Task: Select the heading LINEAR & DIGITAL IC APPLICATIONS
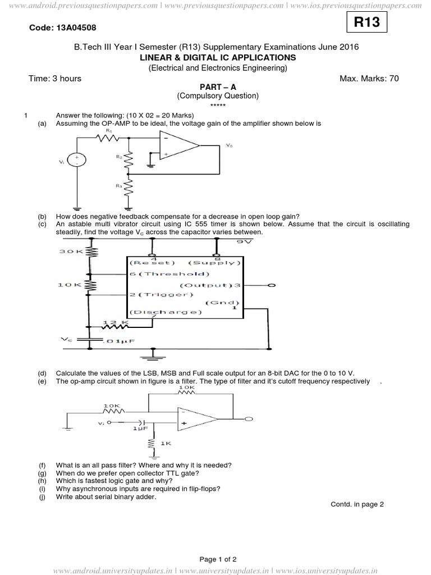217,57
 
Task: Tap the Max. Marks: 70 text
369,79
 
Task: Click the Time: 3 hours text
55,79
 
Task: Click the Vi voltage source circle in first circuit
76,161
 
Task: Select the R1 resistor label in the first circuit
108,130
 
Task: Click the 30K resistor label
71,252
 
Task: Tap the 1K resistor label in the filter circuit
165,443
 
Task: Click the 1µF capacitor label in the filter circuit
140,428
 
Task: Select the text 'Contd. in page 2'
357,504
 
